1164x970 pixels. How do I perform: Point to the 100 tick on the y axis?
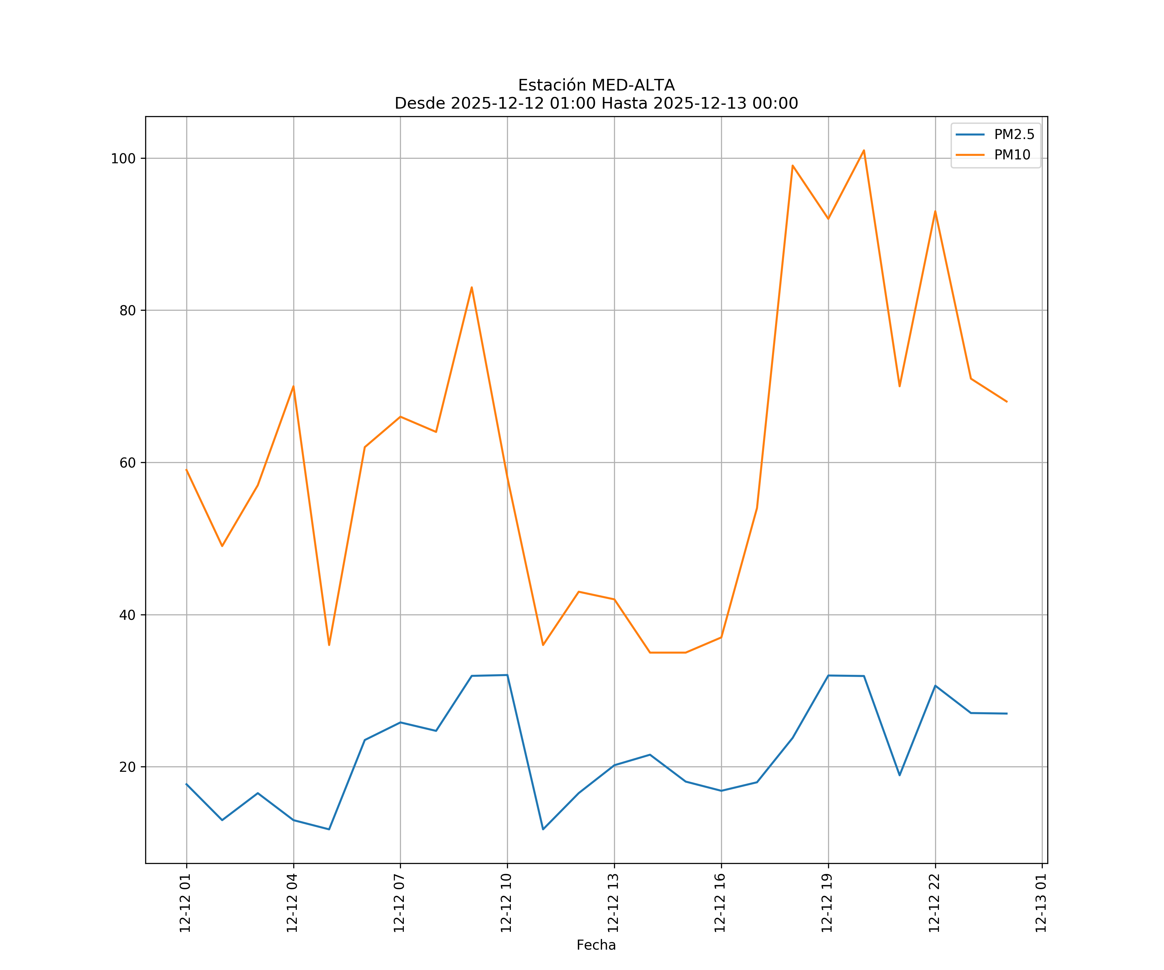tap(123, 158)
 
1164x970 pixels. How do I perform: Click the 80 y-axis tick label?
tap(127, 310)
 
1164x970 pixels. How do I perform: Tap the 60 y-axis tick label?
tap(127, 463)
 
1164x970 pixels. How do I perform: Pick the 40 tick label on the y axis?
tap(127, 615)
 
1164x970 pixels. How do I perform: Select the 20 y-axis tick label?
tap(127, 767)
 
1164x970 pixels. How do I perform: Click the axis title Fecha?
tap(596, 945)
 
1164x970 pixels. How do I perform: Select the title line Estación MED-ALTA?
tap(596, 85)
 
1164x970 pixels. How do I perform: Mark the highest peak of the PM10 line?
tap(864, 150)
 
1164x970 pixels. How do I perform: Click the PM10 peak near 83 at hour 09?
tap(472, 287)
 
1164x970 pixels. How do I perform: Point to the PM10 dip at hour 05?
tap(329, 645)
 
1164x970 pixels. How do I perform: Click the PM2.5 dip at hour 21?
tap(899, 775)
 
